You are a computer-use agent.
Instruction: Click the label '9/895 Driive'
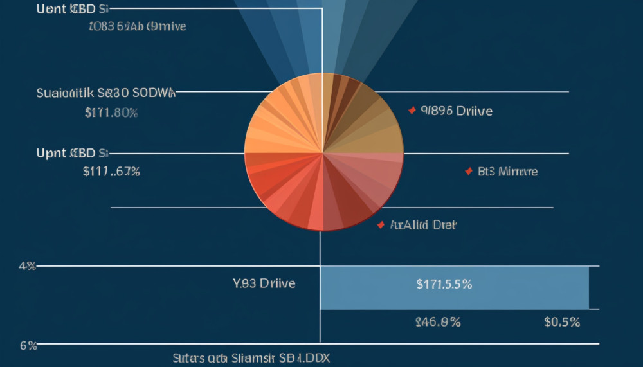457,111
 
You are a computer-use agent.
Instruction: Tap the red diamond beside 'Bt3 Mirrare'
468,171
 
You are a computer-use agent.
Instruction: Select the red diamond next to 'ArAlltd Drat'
380,225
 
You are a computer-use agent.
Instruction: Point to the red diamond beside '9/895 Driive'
412,111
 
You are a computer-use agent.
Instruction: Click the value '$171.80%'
111,112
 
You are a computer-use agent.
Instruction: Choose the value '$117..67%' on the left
111,172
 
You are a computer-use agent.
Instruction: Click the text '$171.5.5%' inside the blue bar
444,283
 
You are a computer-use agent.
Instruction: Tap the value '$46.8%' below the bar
437,322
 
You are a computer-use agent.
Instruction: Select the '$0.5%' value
561,322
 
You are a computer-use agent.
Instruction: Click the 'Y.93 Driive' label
264,283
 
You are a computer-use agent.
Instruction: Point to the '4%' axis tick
27,265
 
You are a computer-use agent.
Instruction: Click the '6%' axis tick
28,345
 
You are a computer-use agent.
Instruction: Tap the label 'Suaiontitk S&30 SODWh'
106,93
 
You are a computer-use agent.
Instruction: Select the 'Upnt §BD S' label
73,153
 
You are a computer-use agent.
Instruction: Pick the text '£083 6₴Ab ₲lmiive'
138,27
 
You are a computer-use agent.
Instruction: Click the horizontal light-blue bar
454,287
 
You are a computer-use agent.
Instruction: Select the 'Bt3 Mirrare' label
508,172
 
